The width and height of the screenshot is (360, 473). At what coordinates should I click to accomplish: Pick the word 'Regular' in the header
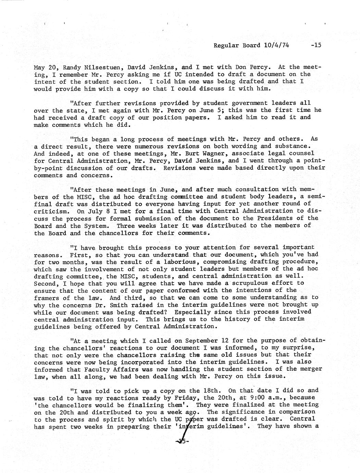point(226,45)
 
